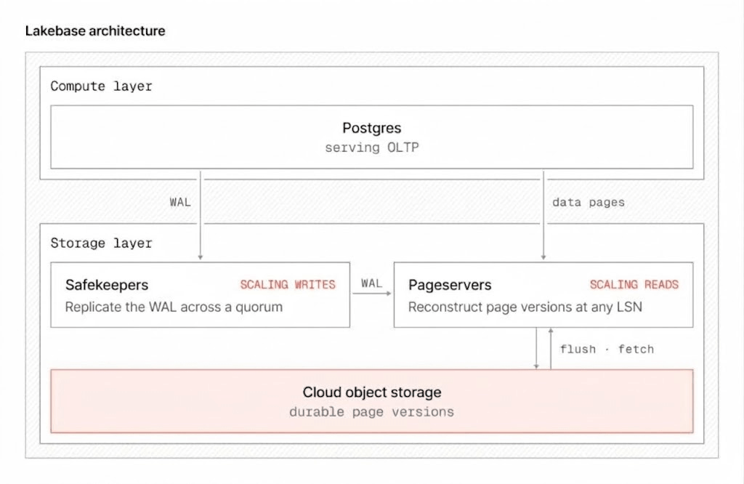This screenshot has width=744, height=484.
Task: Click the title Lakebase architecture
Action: [x=95, y=31]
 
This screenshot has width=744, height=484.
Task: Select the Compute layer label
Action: [x=101, y=86]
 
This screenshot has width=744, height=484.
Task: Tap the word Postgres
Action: [x=371, y=128]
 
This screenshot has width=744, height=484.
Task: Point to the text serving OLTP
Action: [x=371, y=148]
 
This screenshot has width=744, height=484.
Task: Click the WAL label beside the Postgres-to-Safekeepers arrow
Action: [x=180, y=203]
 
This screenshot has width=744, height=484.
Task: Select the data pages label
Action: [x=589, y=203]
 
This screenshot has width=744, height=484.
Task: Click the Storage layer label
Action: [x=101, y=243]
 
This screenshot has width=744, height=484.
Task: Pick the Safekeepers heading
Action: [x=107, y=285]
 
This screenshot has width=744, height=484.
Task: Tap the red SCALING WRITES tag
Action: [x=288, y=285]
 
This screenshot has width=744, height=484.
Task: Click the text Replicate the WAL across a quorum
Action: [x=174, y=307]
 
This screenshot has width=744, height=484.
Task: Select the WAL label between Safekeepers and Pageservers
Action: [x=371, y=283]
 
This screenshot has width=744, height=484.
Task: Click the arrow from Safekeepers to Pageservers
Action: [x=371, y=294]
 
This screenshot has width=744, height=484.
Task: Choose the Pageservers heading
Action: [x=450, y=285]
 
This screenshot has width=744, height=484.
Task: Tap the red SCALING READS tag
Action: [x=634, y=285]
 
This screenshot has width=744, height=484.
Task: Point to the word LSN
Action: [x=630, y=307]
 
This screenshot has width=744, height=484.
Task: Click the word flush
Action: [x=578, y=350]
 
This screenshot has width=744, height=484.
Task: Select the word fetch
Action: [x=636, y=350]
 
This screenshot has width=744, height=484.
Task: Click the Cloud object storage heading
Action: [x=371, y=392]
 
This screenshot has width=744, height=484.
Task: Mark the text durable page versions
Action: [x=371, y=412]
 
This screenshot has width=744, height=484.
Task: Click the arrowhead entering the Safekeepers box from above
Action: [x=201, y=257]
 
